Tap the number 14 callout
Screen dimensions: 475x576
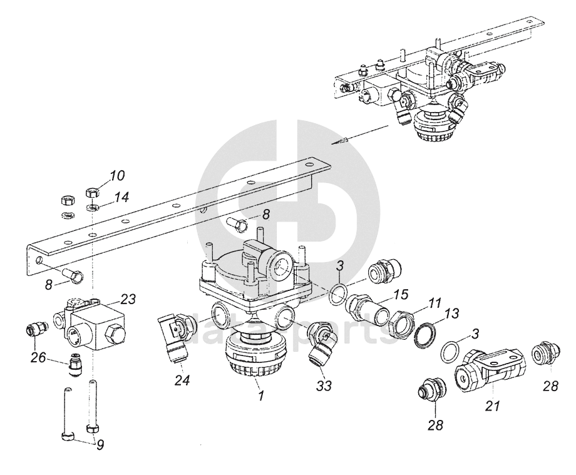[121, 197]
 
